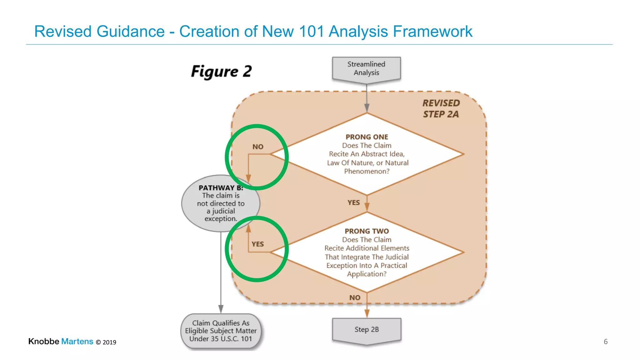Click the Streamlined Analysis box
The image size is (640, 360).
tap(366, 68)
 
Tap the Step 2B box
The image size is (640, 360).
tap(367, 330)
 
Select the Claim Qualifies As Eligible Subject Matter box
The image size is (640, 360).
tap(221, 331)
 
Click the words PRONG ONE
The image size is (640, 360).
tap(367, 137)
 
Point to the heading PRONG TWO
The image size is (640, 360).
tap(367, 231)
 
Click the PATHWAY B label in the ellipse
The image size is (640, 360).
tap(221, 188)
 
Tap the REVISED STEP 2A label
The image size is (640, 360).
tap(441, 108)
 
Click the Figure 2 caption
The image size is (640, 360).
tap(221, 72)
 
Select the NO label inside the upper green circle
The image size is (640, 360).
tap(258, 147)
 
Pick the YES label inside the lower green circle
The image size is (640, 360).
tap(257, 244)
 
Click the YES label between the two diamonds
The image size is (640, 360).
tap(353, 203)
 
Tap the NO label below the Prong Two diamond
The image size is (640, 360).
tap(355, 298)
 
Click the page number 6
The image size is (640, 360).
tap(605, 342)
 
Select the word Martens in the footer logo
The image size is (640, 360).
tap(77, 341)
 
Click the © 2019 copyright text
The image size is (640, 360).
tap(106, 342)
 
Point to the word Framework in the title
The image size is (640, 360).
tap(432, 32)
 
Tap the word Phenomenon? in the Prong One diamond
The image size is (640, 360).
tap(367, 171)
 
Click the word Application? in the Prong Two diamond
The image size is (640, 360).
tap(367, 274)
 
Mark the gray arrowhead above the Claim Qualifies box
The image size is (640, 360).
tap(221, 309)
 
